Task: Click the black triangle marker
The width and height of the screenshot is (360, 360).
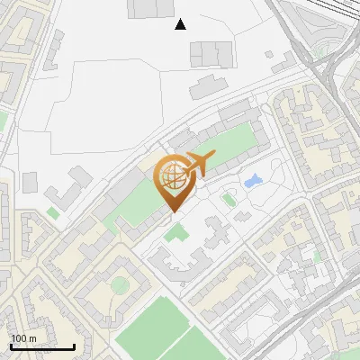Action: pyautogui.click(x=180, y=24)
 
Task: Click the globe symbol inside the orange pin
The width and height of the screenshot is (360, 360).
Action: pyautogui.click(x=172, y=177)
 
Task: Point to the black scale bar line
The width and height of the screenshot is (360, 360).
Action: pyautogui.click(x=42, y=347)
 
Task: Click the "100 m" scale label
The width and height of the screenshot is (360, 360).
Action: pyautogui.click(x=24, y=338)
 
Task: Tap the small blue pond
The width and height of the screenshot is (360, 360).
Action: pyautogui.click(x=253, y=181)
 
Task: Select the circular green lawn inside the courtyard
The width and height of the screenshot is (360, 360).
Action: pyautogui.click(x=119, y=285)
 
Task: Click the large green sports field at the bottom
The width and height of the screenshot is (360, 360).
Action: pyautogui.click(x=157, y=328)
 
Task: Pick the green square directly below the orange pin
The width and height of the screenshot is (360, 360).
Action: pyautogui.click(x=176, y=233)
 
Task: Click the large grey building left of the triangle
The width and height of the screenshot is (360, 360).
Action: pyautogui.click(x=151, y=9)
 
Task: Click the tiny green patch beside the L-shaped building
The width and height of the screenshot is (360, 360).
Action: pyautogui.click(x=53, y=213)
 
